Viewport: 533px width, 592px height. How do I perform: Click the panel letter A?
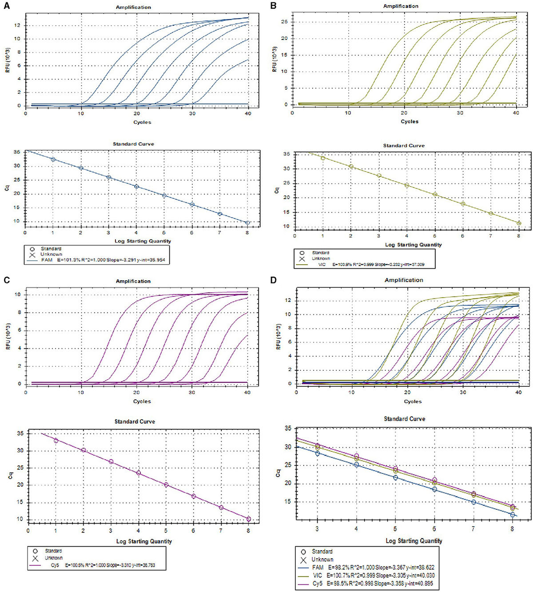tap(6, 7)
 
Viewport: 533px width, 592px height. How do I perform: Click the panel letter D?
tap(274, 280)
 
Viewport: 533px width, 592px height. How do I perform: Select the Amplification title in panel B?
tap(401, 6)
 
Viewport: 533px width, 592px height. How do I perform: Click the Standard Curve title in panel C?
tap(135, 421)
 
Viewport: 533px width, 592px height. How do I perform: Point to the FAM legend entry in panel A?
tap(47, 260)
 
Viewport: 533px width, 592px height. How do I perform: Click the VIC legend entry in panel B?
tap(322, 264)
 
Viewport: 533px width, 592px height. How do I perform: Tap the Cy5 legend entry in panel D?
tap(317, 583)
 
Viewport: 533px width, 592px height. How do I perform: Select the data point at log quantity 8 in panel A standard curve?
tap(247, 223)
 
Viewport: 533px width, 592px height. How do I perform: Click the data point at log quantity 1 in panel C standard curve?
tap(56, 441)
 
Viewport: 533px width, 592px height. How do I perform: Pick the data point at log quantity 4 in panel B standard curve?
tap(407, 185)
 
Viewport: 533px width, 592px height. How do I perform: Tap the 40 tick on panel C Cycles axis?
tap(247, 392)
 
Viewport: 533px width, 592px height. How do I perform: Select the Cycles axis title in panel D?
tap(413, 401)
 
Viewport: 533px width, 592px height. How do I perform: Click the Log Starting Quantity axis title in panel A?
tap(143, 241)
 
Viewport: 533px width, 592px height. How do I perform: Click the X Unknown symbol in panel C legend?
tap(35, 558)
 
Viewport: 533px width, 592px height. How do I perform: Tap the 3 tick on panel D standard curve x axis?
tap(317, 528)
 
